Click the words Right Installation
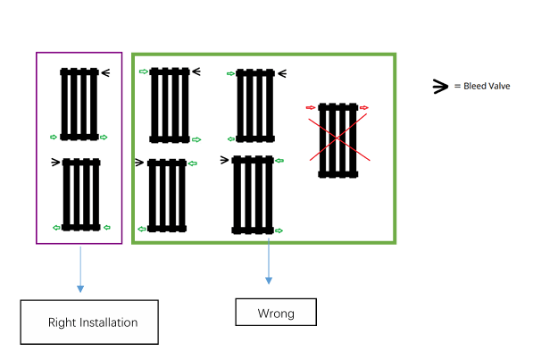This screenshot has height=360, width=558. pos(93,322)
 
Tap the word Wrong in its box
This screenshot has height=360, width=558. pos(276,314)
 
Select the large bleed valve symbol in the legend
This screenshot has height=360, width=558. pos(440,87)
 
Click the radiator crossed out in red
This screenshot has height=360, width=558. pos(338,140)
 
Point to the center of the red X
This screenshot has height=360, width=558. pos(337,138)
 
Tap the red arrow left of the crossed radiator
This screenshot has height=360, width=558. pos(311,107)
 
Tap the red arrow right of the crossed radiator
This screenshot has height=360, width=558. pos(364,107)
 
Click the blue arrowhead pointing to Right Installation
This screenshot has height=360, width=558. pos(80,289)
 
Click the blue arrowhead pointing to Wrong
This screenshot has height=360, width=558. pos(269,280)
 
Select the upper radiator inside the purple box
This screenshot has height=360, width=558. pos(79,104)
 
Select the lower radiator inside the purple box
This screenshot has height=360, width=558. pos(81,195)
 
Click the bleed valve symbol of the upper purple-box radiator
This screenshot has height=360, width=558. pos(105,73)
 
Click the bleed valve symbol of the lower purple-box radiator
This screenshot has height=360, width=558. pos(55,163)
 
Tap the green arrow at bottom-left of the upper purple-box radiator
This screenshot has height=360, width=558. pos(54,137)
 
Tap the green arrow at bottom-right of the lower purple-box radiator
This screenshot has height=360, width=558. pos(107,228)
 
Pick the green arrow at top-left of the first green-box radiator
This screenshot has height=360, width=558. pos(144,71)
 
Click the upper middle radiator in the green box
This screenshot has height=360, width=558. pos(255,105)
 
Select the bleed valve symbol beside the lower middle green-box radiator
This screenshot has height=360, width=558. pos(224,160)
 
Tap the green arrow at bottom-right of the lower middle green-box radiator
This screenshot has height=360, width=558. pos(279,230)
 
